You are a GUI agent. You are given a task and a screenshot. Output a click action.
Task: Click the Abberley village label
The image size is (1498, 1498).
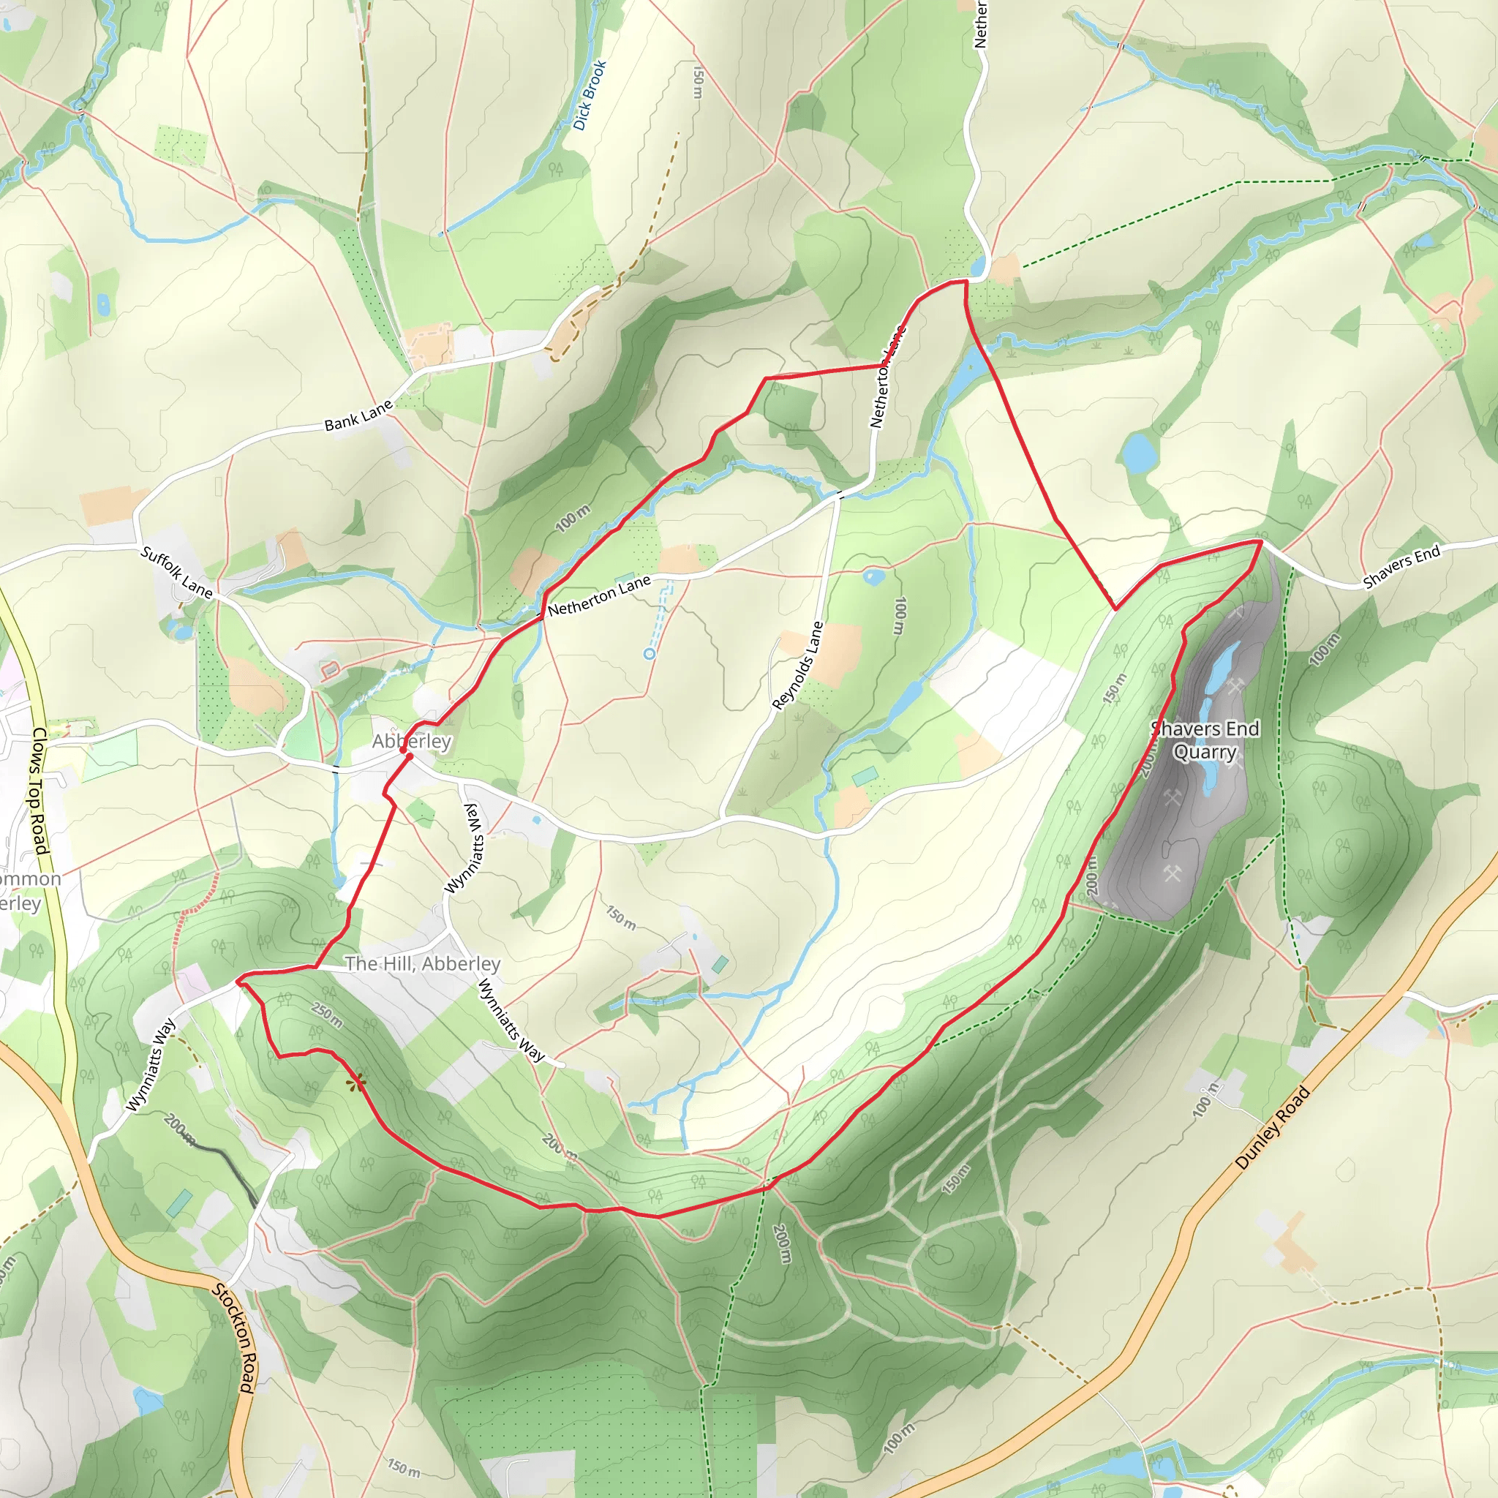(x=411, y=741)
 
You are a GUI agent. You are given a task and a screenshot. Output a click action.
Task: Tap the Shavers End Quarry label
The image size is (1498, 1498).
(x=1205, y=740)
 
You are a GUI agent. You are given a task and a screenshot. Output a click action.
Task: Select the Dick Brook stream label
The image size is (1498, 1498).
(x=590, y=95)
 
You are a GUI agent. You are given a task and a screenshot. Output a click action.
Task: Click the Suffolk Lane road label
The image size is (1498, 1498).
(x=177, y=572)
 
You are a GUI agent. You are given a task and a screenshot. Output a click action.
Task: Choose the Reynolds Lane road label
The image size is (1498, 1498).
(x=798, y=666)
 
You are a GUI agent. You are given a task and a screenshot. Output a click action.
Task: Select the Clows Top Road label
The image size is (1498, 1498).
(x=39, y=791)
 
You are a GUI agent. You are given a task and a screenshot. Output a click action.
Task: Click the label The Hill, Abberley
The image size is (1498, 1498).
(x=423, y=964)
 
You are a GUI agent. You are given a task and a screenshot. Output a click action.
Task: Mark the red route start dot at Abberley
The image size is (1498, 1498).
(x=409, y=754)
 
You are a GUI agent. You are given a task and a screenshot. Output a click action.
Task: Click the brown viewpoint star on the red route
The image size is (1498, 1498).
(x=356, y=1083)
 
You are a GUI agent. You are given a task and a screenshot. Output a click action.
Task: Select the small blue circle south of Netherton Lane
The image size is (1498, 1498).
(x=649, y=655)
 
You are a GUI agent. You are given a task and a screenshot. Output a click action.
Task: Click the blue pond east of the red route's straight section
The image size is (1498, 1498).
(x=1137, y=453)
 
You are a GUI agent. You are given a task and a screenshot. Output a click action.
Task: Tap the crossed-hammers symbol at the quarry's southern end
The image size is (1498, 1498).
(x=1171, y=873)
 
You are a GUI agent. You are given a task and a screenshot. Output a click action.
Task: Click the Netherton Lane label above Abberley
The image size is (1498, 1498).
(x=598, y=595)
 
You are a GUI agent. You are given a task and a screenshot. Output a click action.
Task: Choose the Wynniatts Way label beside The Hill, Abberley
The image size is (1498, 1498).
(x=511, y=1020)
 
